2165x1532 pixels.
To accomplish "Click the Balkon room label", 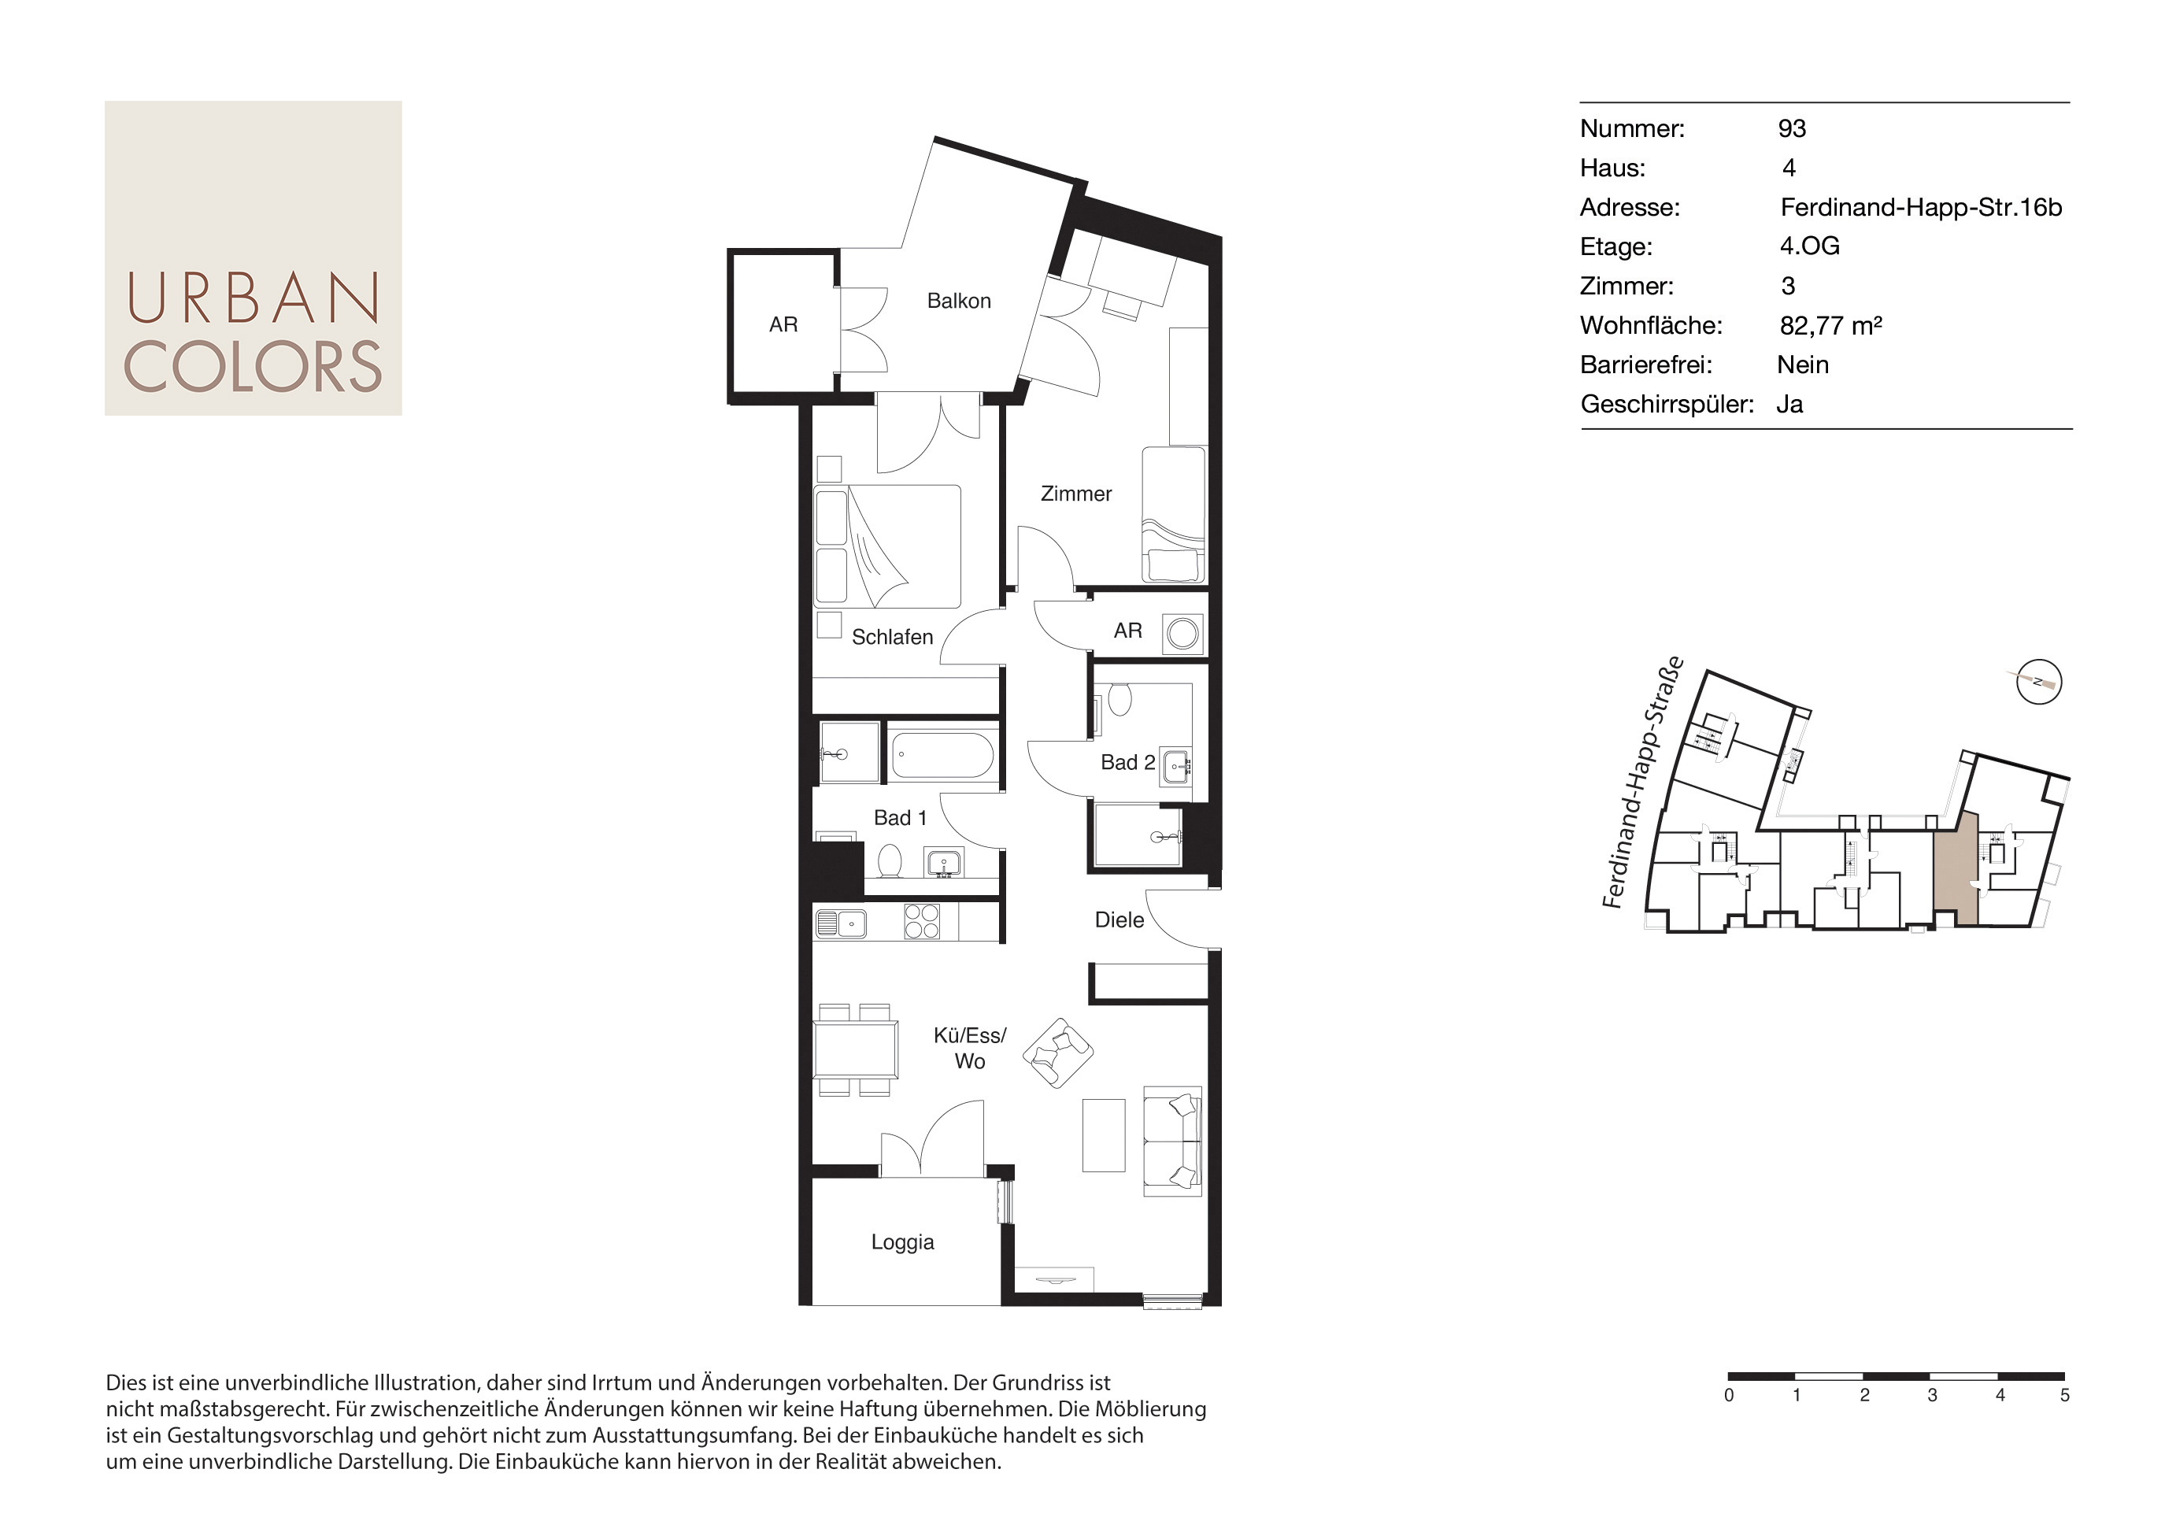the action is coord(958,301).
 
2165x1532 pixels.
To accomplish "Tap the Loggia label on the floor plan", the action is coord(902,1242).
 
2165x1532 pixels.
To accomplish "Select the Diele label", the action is coord(1119,920).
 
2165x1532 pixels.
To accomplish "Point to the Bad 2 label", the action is coord(1127,762).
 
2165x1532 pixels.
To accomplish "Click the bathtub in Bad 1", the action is coord(942,756).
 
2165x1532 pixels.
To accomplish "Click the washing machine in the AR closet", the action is coord(1182,633).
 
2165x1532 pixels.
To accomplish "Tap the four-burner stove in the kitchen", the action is coord(922,922).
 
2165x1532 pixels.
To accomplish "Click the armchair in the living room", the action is coord(1057,1053).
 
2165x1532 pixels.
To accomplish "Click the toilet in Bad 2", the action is coord(1120,699).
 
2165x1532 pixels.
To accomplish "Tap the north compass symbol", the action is coord(2038,682).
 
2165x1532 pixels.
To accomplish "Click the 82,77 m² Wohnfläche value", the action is coord(1830,325).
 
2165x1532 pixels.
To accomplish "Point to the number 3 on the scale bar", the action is coord(1932,1395).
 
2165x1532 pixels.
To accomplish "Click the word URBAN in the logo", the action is coord(253,298).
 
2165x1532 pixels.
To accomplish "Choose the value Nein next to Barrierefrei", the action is coord(1803,365).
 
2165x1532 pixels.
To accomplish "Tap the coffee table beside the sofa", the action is coord(1104,1135).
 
